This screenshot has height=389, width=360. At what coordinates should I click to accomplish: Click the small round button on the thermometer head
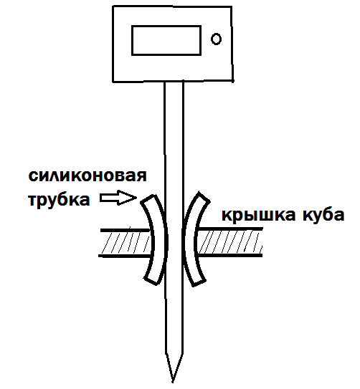[216, 39]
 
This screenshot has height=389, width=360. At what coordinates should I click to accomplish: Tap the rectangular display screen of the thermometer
[166, 40]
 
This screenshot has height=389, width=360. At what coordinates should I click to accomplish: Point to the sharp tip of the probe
[173, 382]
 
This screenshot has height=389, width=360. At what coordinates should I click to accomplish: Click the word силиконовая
[87, 176]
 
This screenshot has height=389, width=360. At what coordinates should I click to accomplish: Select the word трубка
[59, 200]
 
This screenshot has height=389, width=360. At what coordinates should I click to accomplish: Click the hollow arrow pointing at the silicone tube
[118, 198]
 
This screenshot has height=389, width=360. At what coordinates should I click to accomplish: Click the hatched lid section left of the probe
[125, 243]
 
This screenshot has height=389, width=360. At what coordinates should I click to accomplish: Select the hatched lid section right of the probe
[229, 242]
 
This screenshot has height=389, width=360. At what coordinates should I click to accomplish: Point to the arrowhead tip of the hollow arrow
[136, 198]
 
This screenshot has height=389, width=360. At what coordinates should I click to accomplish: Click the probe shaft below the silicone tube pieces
[174, 317]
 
